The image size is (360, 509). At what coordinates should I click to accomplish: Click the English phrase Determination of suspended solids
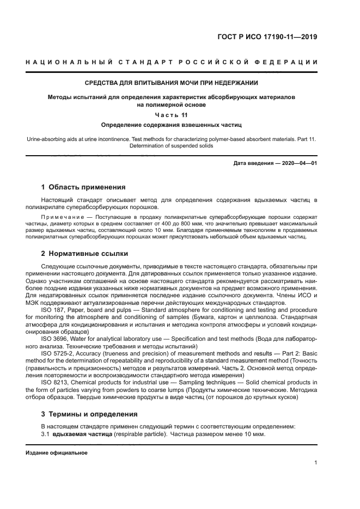[172, 146]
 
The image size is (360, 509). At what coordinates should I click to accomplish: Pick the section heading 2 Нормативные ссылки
[86, 254]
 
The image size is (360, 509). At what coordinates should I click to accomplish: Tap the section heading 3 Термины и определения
[90, 414]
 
